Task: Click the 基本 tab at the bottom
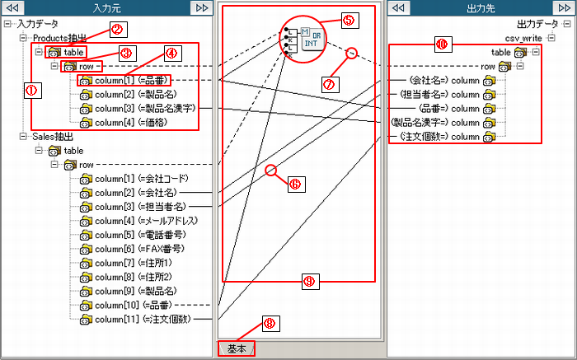pos(236,349)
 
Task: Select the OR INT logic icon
pos(311,38)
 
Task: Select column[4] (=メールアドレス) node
pos(142,221)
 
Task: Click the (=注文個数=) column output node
pos(446,137)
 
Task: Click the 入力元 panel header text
pos(109,8)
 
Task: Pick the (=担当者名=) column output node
pos(446,95)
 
